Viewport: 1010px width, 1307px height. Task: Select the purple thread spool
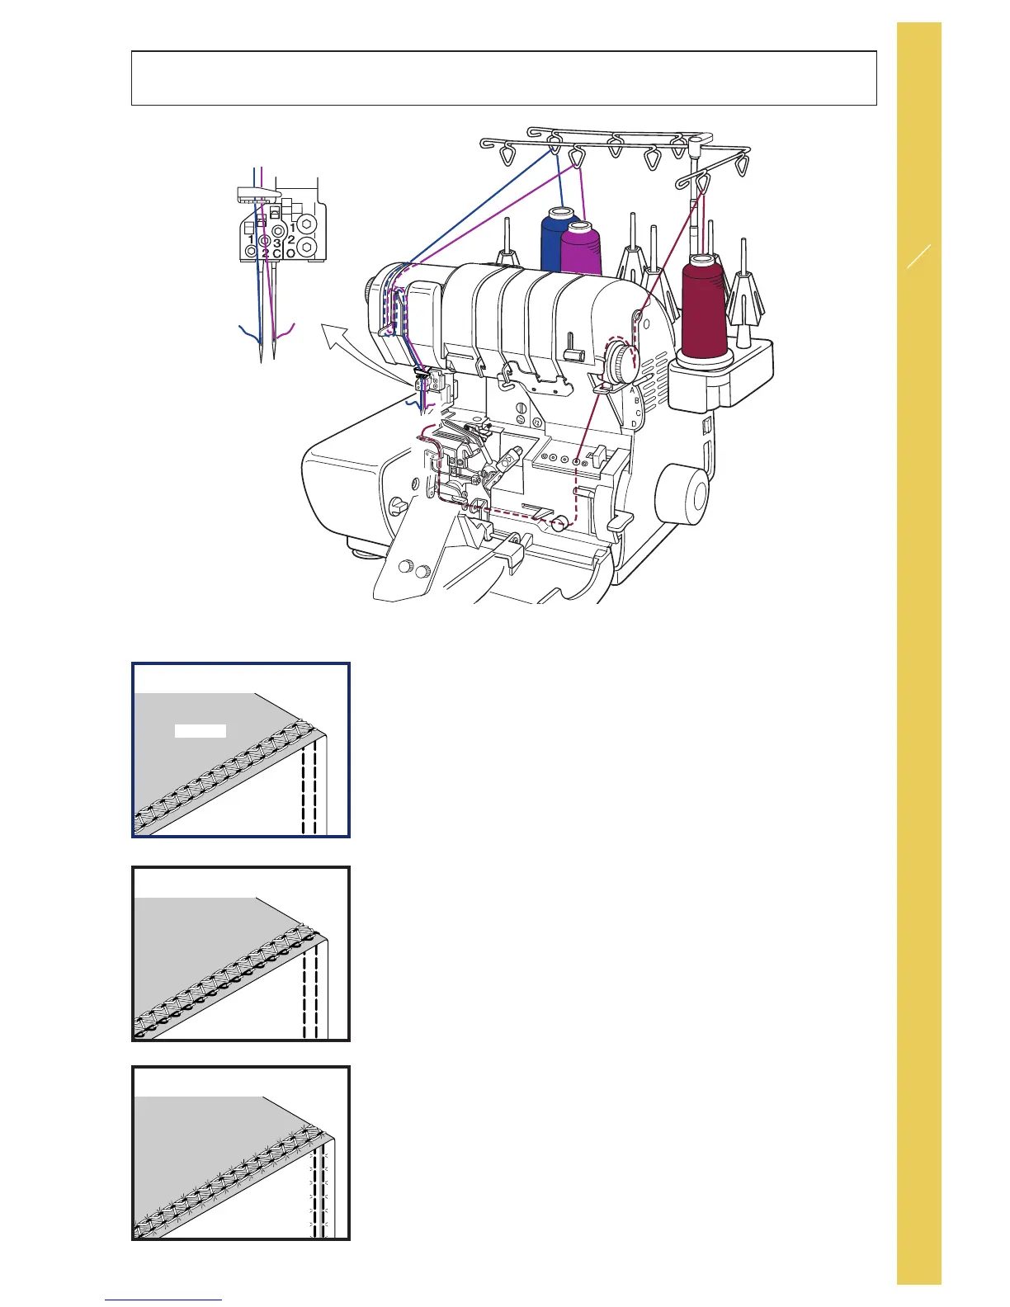[x=581, y=251]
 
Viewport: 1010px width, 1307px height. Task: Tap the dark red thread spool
[x=704, y=307]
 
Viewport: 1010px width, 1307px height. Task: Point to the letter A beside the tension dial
[x=632, y=389]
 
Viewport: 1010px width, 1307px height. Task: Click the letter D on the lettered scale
[x=634, y=423]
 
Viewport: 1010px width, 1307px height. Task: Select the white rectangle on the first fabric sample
[x=201, y=730]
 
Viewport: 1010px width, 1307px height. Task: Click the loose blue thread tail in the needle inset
[x=248, y=334]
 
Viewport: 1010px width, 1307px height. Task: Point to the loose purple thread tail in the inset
[x=286, y=334]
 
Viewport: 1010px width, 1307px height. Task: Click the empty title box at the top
[x=503, y=78]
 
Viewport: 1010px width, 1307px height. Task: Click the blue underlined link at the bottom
[x=163, y=1300]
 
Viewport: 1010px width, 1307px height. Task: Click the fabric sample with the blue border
[x=241, y=749]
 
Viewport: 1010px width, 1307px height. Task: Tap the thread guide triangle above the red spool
[x=703, y=182]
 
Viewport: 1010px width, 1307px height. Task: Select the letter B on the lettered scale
[x=637, y=400]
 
